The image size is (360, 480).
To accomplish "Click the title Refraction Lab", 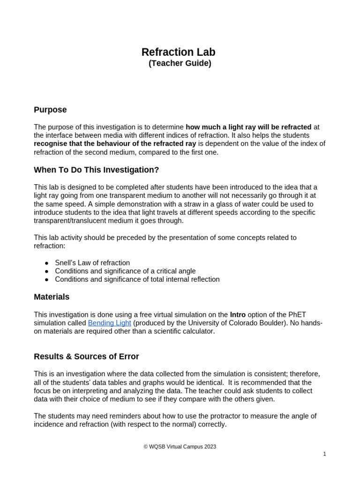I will pos(179,52).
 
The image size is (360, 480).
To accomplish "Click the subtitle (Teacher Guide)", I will pos(180,63).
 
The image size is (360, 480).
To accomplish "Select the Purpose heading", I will pos(50,110).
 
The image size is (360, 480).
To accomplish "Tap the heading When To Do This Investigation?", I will pos(96,170).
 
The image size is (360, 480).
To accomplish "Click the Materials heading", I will pos(52,297).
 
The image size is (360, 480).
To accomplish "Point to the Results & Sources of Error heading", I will pos(86,356).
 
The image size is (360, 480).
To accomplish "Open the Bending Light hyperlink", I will pos(109,323).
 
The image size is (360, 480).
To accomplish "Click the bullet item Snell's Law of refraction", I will pos(92,262).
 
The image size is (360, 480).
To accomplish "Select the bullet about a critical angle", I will pos(125,271).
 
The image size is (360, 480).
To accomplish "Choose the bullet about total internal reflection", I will pos(137,279).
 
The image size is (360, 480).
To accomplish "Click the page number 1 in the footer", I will pos(324,454).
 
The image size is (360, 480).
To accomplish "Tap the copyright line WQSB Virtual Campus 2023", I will pos(180,447).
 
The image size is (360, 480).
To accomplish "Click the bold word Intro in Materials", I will pos(238,315).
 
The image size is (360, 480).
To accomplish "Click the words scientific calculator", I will pos(184,331).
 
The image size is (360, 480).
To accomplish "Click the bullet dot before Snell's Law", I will pos(47,263).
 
